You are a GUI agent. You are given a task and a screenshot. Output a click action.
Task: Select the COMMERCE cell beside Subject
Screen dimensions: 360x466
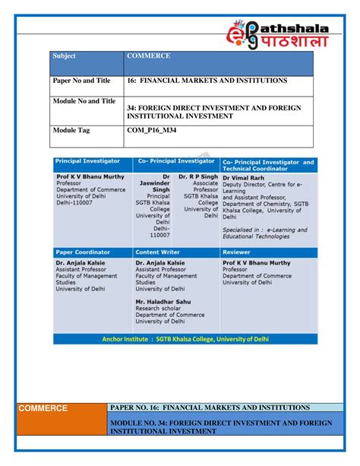(148, 57)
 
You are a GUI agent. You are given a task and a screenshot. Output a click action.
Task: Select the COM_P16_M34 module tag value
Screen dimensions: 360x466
(156, 131)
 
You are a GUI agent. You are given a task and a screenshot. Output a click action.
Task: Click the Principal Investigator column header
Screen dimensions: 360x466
(88, 162)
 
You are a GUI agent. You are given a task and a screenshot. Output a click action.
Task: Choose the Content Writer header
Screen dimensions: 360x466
(158, 252)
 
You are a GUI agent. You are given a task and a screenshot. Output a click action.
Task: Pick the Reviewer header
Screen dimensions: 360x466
(237, 252)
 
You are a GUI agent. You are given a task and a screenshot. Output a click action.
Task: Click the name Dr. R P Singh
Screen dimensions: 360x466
(199, 176)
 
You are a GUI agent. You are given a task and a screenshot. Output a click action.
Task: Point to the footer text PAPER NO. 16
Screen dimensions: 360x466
(210, 408)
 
